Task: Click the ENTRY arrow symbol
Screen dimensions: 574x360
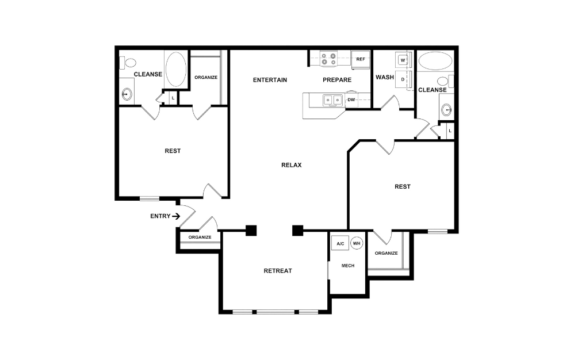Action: point(176,216)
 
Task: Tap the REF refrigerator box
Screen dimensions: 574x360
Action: point(361,59)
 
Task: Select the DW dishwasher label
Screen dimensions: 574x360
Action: point(351,100)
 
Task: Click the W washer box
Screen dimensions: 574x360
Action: point(403,60)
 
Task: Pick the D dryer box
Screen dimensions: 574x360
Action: point(403,79)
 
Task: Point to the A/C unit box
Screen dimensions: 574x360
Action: point(340,243)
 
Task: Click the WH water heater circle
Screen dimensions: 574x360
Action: point(357,243)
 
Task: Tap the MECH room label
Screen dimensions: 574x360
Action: point(348,266)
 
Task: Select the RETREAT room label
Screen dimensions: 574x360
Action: point(278,271)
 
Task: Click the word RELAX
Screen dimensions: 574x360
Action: point(292,165)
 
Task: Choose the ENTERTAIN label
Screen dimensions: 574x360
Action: point(270,80)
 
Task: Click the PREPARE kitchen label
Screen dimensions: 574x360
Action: point(337,80)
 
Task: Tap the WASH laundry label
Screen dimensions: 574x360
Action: point(385,77)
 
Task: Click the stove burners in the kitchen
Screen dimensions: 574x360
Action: point(328,59)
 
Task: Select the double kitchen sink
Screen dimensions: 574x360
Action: point(332,100)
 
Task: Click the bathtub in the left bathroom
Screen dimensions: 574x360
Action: point(176,69)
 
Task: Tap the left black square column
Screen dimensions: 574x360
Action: point(251,230)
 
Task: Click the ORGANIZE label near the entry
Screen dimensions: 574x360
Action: point(200,237)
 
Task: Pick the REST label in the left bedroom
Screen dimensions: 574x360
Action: point(173,151)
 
